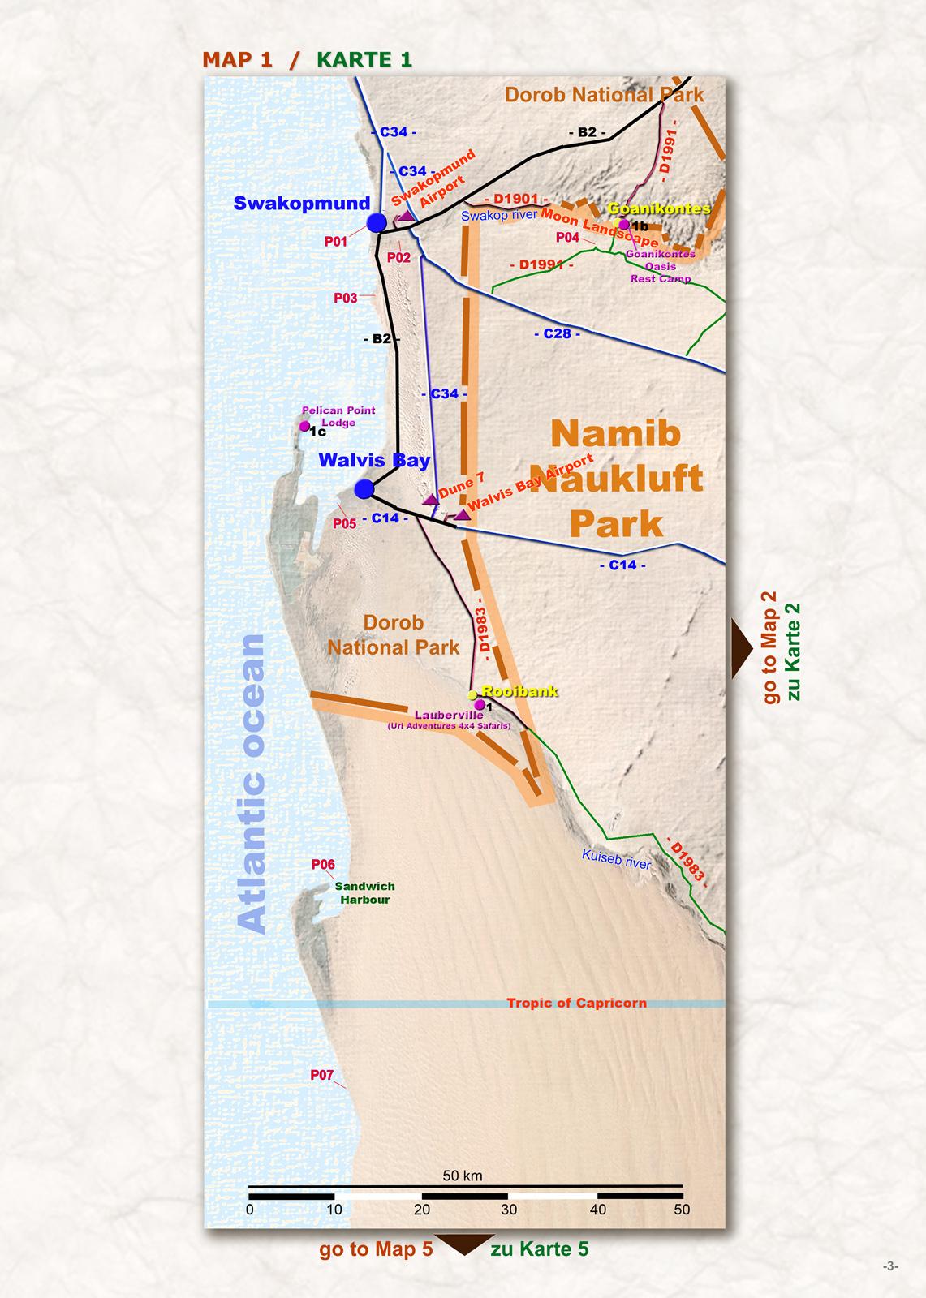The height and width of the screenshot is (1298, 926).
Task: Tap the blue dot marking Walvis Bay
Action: click(x=364, y=488)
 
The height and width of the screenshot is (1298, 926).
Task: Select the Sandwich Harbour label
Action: click(x=365, y=893)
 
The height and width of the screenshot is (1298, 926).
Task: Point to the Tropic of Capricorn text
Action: click(x=576, y=1003)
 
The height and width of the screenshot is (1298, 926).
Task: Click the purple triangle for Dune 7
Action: click(x=431, y=500)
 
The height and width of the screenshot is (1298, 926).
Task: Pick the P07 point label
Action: click(x=322, y=1075)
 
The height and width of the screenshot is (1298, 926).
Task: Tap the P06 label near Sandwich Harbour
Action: click(x=323, y=865)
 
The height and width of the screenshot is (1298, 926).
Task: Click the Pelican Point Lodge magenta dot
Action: click(x=304, y=426)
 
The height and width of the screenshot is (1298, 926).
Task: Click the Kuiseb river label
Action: click(x=617, y=859)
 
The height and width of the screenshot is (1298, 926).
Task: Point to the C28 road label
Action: click(x=557, y=333)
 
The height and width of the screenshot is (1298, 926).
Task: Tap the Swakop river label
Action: click(x=498, y=216)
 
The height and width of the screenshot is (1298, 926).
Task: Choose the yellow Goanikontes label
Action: click(x=659, y=208)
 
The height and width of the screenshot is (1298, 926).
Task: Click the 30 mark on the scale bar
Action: click(x=508, y=1210)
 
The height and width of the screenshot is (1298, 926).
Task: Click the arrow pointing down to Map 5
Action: click(x=462, y=1244)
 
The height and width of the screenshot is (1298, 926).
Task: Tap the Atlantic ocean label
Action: click(x=253, y=784)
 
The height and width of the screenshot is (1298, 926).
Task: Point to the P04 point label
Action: click(x=567, y=238)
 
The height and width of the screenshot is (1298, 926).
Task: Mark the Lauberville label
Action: click(x=449, y=716)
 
